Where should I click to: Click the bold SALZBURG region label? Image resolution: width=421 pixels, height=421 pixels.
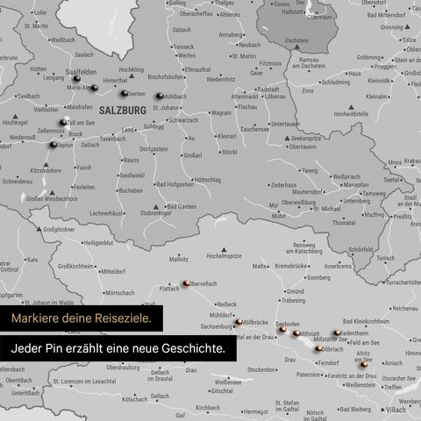coord(123,111)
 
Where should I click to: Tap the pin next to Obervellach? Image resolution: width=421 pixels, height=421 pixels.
coord(187,282)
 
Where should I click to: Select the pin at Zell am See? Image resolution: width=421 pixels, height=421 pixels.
coord(63,123)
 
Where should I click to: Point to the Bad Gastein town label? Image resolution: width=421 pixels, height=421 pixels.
coord(182,206)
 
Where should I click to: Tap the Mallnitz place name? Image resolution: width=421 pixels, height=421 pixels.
coord(179,260)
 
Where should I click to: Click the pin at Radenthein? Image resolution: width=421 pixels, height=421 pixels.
coord(337,333)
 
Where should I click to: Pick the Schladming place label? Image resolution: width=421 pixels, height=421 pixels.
coord(335,82)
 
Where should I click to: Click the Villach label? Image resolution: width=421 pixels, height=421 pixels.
coord(396,409)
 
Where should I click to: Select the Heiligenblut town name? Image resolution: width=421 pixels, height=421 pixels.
coord(97,242)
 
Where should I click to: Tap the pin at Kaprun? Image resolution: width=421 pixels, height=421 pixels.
coord(53,145)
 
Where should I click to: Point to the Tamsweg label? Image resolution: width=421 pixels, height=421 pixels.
coord(374,193)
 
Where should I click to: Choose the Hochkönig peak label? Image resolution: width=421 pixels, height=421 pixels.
coord(131,68)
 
